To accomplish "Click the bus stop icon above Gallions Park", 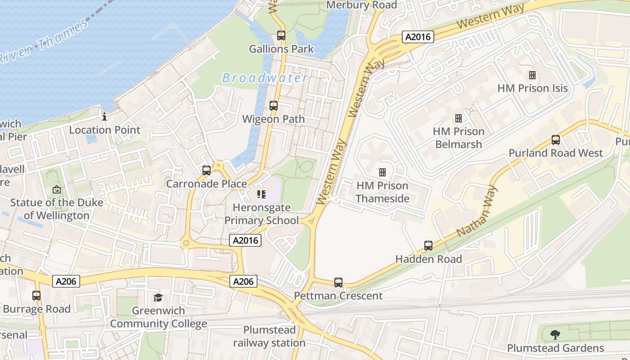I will (x=281, y=35).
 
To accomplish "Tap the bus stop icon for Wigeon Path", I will (x=274, y=106).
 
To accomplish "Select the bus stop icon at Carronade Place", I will (x=207, y=171).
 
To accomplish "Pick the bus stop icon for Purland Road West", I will (x=556, y=140).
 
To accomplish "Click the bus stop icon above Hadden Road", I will (x=428, y=246).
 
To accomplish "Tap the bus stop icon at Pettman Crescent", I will (x=338, y=283).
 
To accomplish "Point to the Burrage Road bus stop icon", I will (x=36, y=296).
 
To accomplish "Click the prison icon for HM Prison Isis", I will (x=532, y=75).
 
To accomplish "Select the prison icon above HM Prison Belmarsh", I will (x=459, y=118).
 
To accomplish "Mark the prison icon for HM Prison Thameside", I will (x=382, y=172).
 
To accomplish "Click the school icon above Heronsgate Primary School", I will (x=261, y=194).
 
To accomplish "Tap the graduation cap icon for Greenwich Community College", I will (x=158, y=297).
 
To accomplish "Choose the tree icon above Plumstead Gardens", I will (x=555, y=335).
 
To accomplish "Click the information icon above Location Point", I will (x=104, y=117).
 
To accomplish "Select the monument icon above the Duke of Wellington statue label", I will (x=57, y=189).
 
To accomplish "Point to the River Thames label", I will (x=45, y=40).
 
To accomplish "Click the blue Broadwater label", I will (x=265, y=78).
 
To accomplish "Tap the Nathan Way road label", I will (x=477, y=211).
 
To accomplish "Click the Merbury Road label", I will (x=362, y=5).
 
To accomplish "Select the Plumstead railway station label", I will (x=269, y=336).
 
